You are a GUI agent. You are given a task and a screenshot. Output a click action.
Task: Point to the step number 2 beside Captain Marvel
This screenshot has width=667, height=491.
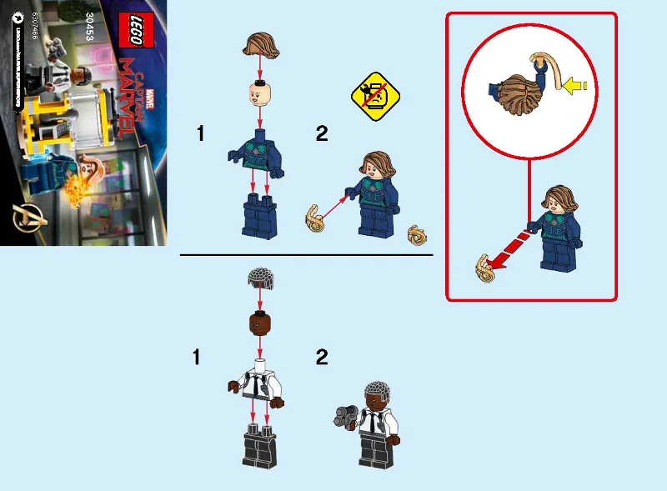(x=322, y=134)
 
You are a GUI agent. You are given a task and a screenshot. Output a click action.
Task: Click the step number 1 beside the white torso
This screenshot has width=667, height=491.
(x=197, y=358)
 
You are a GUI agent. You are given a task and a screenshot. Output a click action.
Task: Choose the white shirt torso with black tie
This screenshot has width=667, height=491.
(x=258, y=383)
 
